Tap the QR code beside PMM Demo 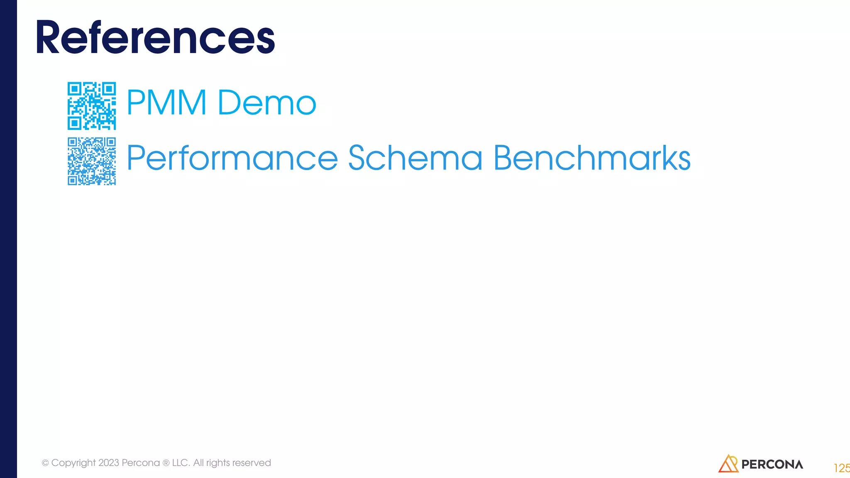(x=92, y=106)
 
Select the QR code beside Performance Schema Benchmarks (x=92, y=161)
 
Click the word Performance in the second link (x=232, y=158)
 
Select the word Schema (x=415, y=158)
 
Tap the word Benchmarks (x=592, y=158)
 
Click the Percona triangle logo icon (x=728, y=464)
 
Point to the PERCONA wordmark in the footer (x=772, y=464)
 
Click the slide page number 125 (x=842, y=468)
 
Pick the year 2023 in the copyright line (x=109, y=463)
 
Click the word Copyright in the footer (x=73, y=463)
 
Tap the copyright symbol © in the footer (x=45, y=463)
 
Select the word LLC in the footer (x=180, y=463)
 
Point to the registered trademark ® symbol (x=166, y=463)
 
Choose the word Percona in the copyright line (x=141, y=463)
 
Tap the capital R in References (x=48, y=38)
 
